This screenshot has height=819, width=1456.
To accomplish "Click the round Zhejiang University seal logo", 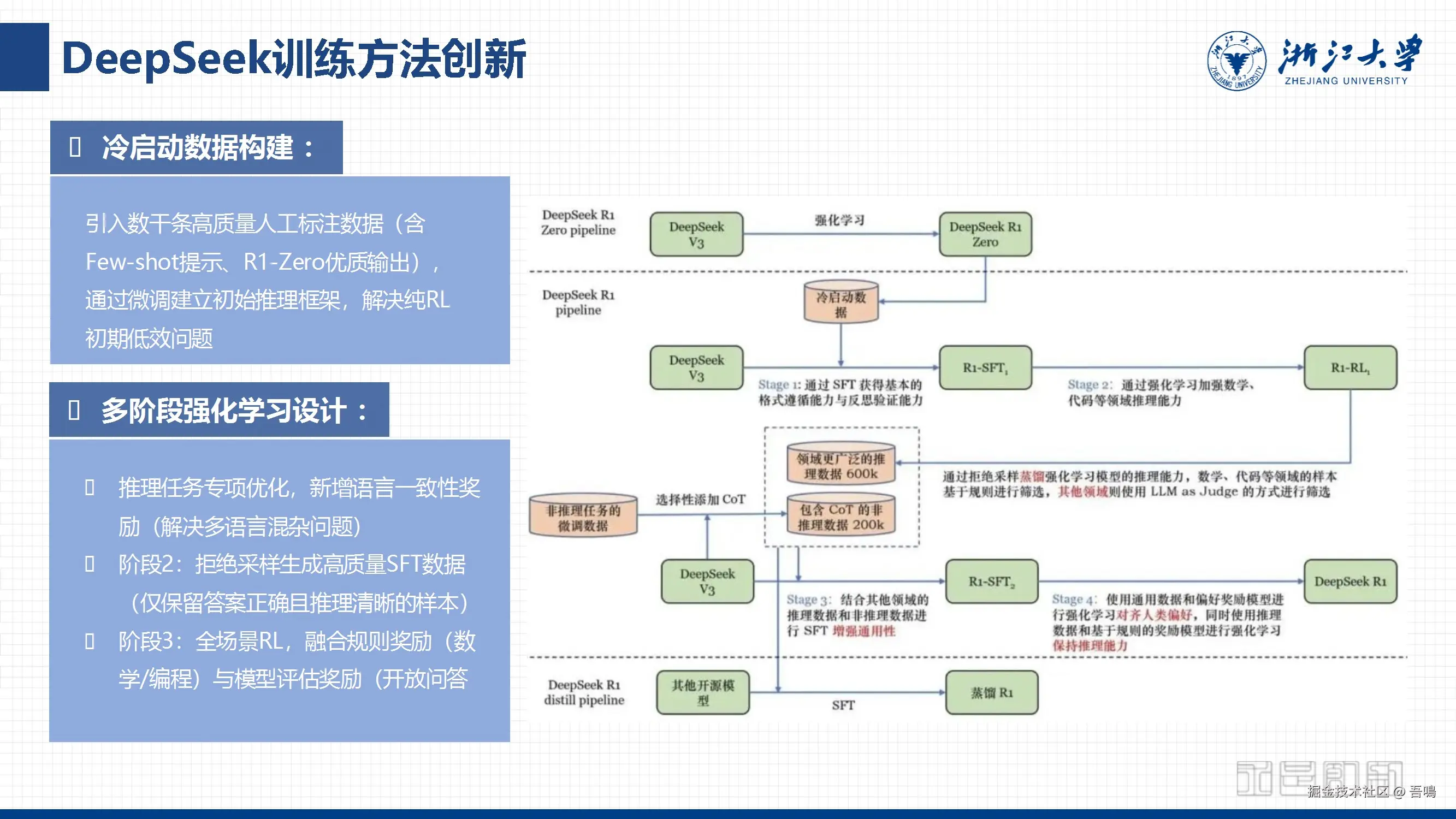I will point(1236,61).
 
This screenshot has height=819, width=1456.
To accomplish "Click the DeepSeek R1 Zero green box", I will point(985,234).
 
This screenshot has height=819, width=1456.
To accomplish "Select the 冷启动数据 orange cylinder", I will point(841,302).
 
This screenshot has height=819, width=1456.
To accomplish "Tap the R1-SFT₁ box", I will point(985,367).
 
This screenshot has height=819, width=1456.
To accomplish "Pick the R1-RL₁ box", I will point(1350,367).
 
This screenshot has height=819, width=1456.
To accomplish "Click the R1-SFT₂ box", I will point(991,581).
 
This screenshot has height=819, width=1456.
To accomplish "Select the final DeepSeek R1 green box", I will point(1350,581).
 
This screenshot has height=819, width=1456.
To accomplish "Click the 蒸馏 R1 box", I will point(991,692).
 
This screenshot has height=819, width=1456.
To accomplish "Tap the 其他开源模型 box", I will point(702,692).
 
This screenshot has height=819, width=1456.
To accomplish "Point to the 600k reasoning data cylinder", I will point(841,465).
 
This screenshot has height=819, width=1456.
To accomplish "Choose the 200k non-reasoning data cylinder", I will point(841,516).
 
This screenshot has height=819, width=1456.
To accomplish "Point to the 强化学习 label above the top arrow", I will point(839,220).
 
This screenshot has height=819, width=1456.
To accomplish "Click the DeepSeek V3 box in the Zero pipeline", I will point(696,234).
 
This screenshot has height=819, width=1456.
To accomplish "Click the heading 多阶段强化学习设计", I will point(223,411).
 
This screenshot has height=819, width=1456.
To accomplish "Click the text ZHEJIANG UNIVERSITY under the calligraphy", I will point(1346,81).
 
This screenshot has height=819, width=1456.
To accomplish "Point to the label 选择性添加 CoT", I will point(700,499).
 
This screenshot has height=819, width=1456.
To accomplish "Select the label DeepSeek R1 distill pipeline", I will point(584,692).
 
